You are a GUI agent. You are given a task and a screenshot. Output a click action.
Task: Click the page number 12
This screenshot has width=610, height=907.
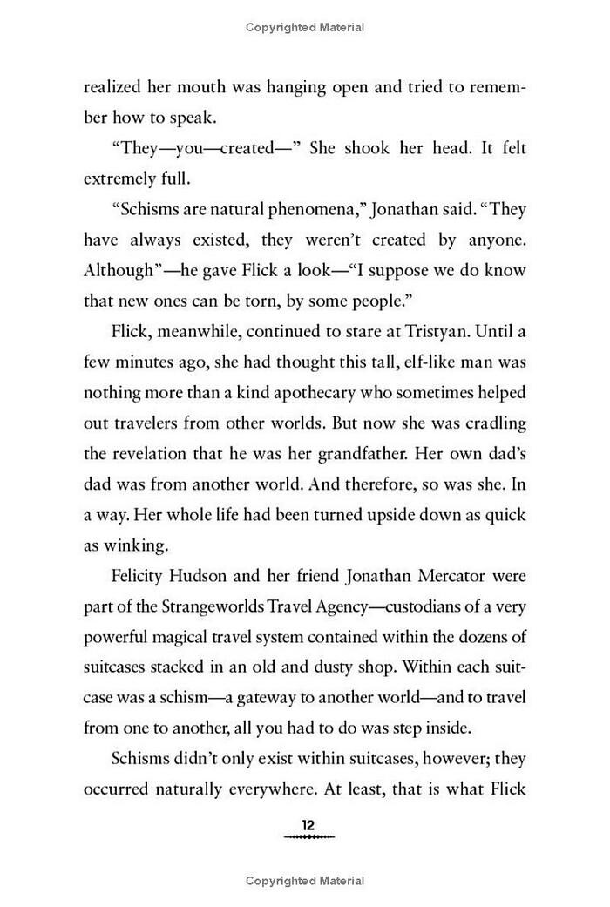pyautogui.click(x=308, y=825)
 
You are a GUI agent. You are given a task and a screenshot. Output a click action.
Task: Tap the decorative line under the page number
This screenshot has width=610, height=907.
pyautogui.click(x=308, y=838)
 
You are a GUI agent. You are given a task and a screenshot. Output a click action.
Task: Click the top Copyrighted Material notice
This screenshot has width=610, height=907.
pyautogui.click(x=305, y=28)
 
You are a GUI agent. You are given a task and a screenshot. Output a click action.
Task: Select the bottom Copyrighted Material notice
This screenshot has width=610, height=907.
pyautogui.click(x=305, y=881)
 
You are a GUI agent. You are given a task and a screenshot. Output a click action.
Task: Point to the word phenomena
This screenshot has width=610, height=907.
pyautogui.click(x=282, y=210)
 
